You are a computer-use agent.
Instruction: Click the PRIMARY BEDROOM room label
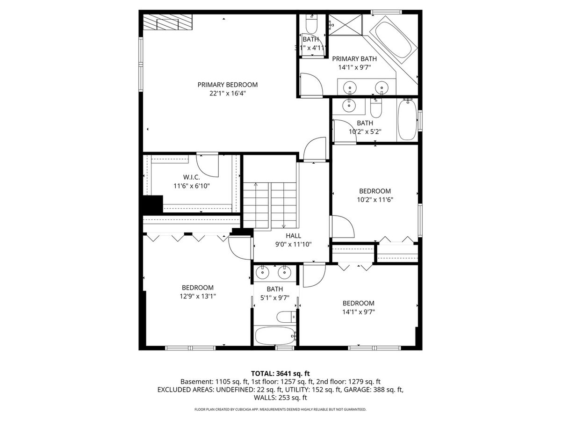(x=227, y=85)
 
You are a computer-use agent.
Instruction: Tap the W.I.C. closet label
(x=191, y=177)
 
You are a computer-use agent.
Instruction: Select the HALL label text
(x=293, y=236)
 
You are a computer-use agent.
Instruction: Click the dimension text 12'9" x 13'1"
(x=198, y=296)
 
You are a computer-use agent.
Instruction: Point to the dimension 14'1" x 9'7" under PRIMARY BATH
(x=354, y=67)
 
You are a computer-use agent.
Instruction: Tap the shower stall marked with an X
(x=345, y=25)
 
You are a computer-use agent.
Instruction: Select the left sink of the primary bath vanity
(x=349, y=87)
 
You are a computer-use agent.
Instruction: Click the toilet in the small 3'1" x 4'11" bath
(x=311, y=25)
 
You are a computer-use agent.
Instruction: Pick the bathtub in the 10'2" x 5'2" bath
(x=407, y=120)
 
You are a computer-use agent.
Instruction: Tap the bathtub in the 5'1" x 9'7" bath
(x=275, y=336)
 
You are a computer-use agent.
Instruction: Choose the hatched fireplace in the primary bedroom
(x=167, y=22)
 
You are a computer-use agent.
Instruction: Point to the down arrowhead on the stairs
(x=283, y=226)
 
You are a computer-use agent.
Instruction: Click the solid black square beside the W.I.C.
(x=153, y=204)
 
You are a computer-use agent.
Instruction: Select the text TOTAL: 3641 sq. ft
(x=280, y=373)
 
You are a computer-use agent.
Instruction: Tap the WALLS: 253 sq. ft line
(x=280, y=398)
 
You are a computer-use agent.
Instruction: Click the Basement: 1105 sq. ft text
(x=214, y=382)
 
